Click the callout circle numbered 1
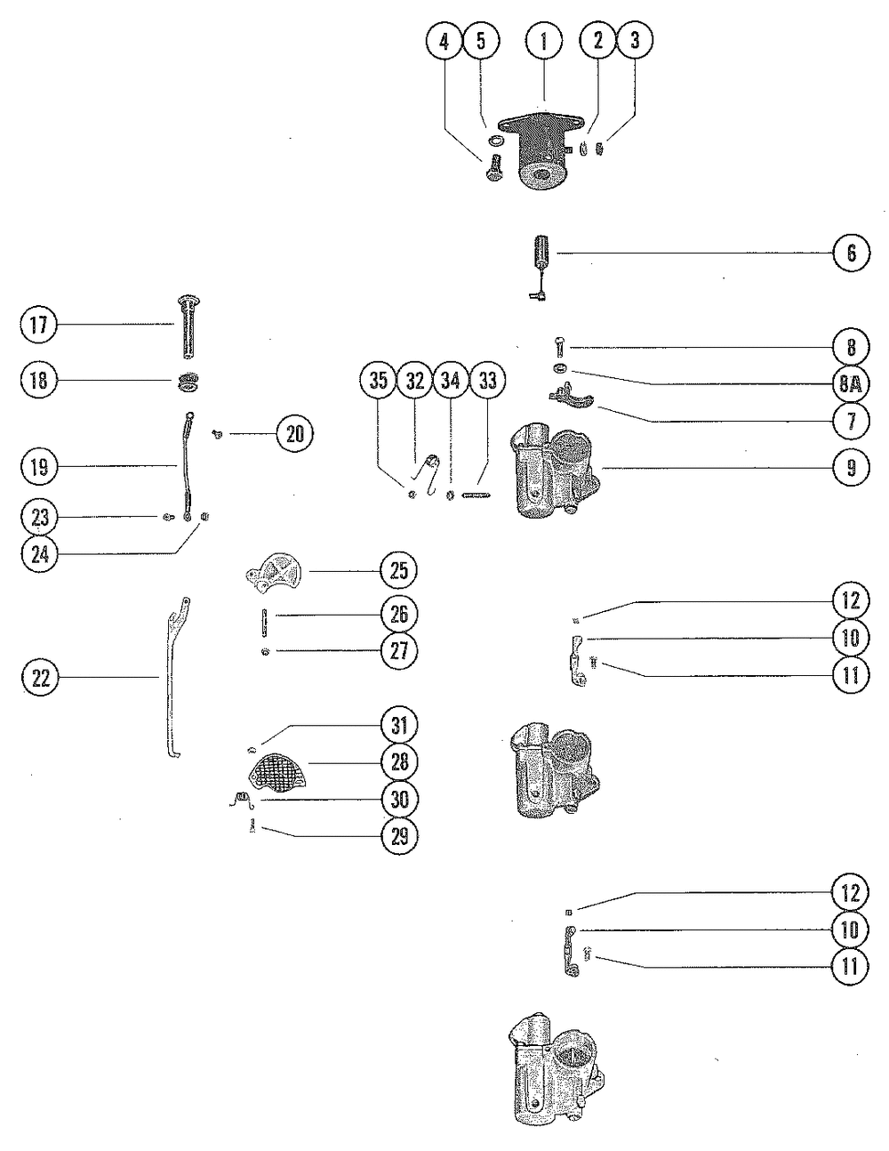tap(544, 41)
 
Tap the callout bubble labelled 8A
tap(851, 384)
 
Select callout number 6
tap(851, 254)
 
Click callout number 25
tap(399, 569)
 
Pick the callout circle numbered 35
tap(379, 381)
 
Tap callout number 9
tap(851, 467)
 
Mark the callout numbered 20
tap(295, 433)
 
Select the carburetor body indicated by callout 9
tap(552, 471)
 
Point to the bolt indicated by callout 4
tap(494, 166)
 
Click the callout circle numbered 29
tap(399, 835)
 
